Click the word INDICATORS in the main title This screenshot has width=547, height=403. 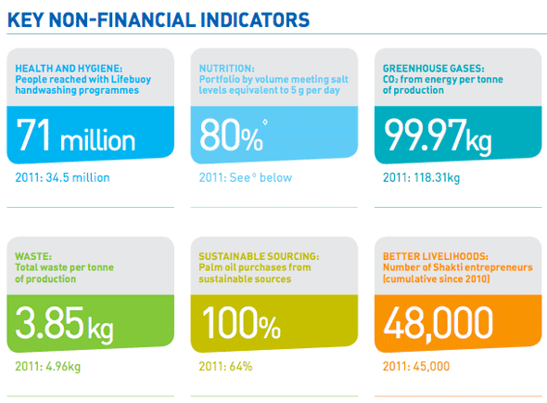tap(255, 19)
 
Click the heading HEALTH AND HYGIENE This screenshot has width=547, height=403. tap(69, 68)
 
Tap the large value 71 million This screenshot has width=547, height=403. tap(75, 136)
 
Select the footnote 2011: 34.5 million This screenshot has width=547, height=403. tap(62, 177)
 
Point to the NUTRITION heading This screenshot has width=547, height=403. tap(227, 68)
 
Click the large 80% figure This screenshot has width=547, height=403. tap(231, 135)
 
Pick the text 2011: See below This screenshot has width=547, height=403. tap(246, 177)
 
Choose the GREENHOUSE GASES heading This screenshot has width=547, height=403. tap(434, 68)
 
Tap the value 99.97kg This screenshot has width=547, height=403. tap(439, 136)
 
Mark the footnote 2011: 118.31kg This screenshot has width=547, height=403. tap(422, 177)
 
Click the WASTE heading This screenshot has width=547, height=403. tap(33, 256)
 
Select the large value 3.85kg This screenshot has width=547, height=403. tap(65, 324)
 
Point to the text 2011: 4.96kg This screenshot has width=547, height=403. tap(48, 366)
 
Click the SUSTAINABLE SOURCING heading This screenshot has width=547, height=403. tap(259, 256)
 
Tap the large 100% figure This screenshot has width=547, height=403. tap(241, 323)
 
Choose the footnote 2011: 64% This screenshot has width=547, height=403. tap(225, 366)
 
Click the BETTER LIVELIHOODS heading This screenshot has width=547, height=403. tap(436, 256)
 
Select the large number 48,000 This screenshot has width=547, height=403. tap(439, 324)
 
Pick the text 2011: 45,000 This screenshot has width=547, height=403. tap(416, 366)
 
